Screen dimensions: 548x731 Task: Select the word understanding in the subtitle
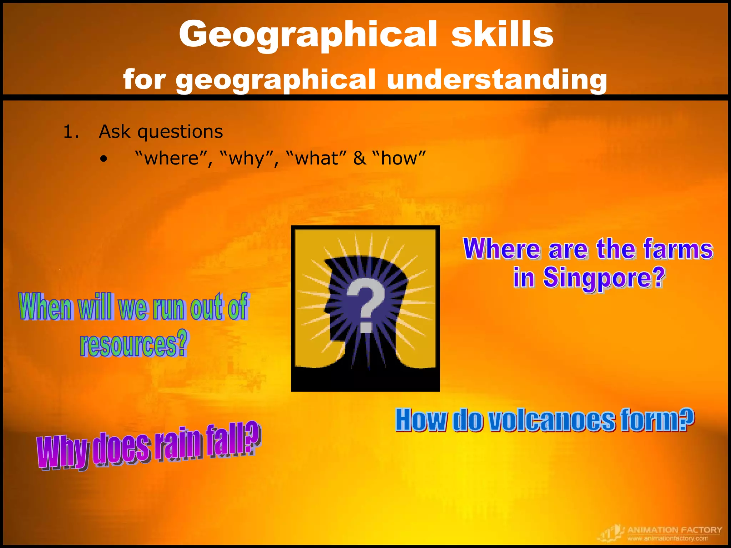point(496,79)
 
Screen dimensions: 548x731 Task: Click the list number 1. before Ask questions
point(71,132)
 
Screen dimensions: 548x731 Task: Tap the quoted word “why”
point(247,158)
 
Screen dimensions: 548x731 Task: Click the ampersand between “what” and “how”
point(359,158)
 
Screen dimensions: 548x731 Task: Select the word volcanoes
point(551,421)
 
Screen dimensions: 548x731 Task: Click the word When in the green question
point(45,307)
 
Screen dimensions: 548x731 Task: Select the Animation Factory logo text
point(674,530)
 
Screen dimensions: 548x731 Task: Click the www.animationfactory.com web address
point(668,538)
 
